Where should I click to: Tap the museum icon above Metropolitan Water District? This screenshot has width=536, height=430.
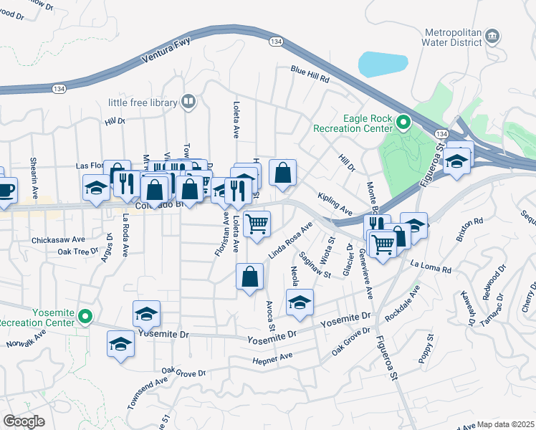492,36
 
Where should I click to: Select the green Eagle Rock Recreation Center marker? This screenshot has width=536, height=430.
403,123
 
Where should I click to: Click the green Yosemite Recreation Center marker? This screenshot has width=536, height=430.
85,315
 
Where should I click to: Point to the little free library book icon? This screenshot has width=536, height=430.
188,102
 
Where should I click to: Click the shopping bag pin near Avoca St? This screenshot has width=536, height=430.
249,277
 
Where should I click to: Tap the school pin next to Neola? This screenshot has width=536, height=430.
300,302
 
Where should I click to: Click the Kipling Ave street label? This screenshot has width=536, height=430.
335,204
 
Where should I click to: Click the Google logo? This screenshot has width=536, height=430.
24,421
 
